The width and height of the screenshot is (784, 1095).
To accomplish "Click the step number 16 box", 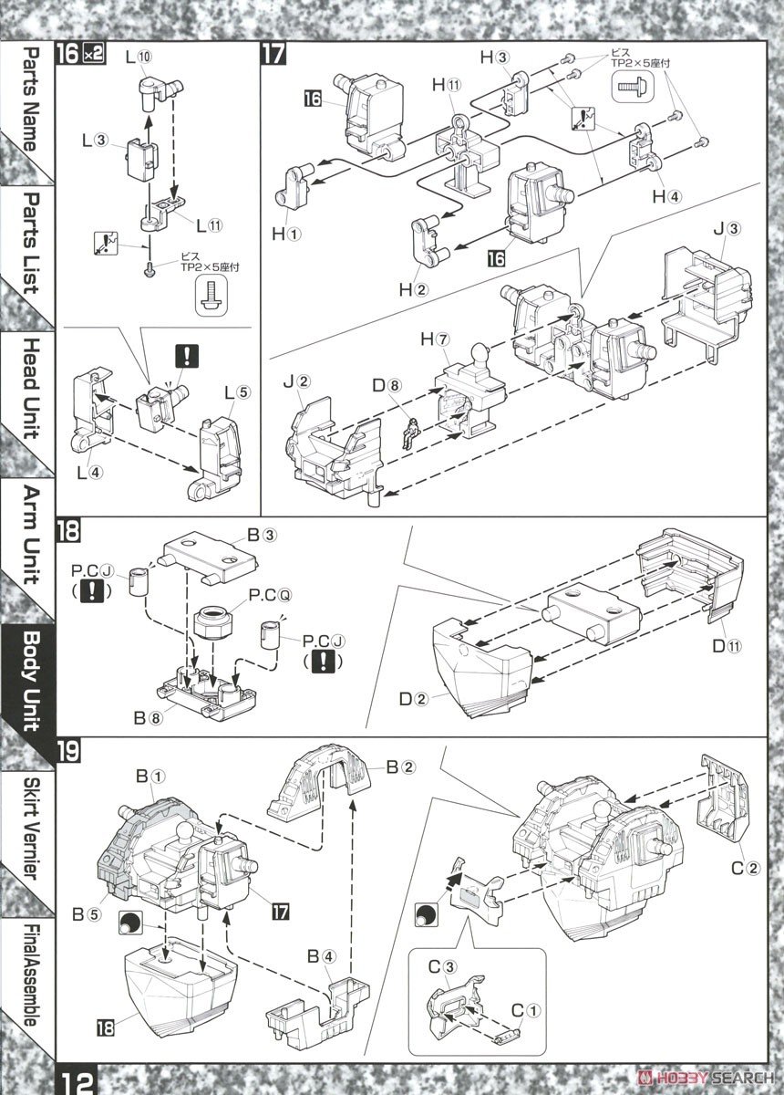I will coord(67,52).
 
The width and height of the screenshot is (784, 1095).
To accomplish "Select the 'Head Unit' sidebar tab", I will coord(29,388).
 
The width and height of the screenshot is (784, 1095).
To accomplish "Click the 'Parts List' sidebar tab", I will coord(29,242).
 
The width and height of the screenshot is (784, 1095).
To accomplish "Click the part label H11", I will coord(447,85).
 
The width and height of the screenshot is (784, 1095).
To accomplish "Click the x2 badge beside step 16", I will coord(93,53).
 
